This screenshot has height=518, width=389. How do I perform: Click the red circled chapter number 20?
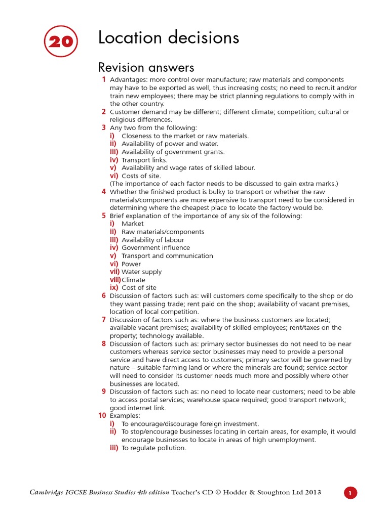pos(61,42)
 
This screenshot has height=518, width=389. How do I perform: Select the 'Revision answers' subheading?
pos(146,67)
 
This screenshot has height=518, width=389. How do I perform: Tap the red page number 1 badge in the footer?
pos(350,493)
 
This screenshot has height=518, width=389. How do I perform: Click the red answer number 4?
pos(103,192)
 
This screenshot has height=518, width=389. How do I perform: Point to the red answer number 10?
pos(102,415)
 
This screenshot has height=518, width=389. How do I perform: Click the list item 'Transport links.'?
pos(144,160)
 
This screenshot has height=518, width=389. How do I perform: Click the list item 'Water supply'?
pos(142,272)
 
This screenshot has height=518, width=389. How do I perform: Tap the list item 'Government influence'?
pos(155,248)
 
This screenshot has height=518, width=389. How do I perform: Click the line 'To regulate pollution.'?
pos(154,448)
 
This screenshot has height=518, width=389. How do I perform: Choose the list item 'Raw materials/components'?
pos(163,232)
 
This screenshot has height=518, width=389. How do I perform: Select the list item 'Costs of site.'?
pos(141,176)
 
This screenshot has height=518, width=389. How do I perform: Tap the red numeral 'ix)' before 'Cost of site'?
pos(114,287)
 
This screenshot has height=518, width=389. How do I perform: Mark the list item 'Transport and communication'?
pos(167,256)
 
